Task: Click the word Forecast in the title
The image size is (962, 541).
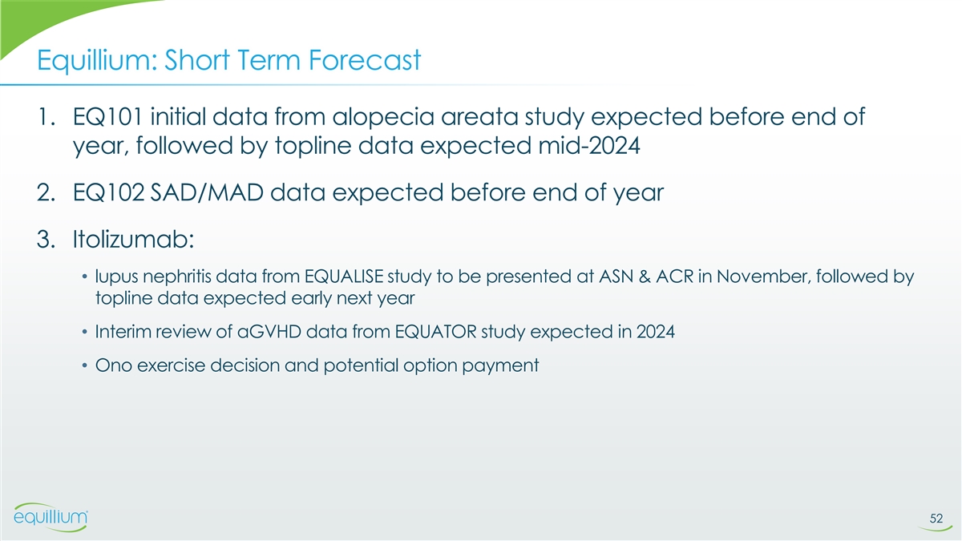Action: [365, 59]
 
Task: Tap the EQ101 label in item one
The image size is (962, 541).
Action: [107, 117]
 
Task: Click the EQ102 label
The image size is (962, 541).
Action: [109, 192]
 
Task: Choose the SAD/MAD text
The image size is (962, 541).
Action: [207, 192]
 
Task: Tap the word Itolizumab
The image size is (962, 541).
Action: [134, 239]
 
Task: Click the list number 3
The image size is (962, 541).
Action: [46, 239]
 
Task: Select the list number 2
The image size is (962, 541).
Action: [46, 193]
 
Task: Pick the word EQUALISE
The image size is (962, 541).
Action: [344, 277]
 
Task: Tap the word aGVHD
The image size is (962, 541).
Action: [269, 332]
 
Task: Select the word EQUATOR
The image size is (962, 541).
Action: [435, 332]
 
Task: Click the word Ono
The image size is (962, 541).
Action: [113, 365]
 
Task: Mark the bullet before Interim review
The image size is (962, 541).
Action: [85, 333]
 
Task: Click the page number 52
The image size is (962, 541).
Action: [936, 519]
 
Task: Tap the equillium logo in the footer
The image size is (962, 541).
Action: [51, 517]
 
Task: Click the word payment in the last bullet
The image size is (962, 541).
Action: [500, 366]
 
